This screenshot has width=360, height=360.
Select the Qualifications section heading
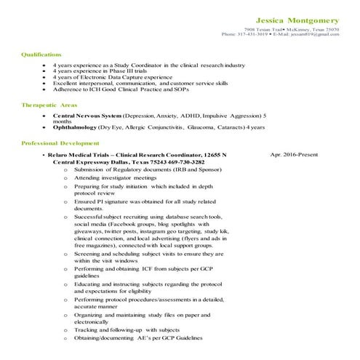pyautogui.click(x=41, y=55)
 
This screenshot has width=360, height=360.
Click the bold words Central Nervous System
pyautogui.click(x=87, y=116)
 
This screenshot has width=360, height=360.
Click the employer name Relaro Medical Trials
pyautogui.click(x=82, y=155)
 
